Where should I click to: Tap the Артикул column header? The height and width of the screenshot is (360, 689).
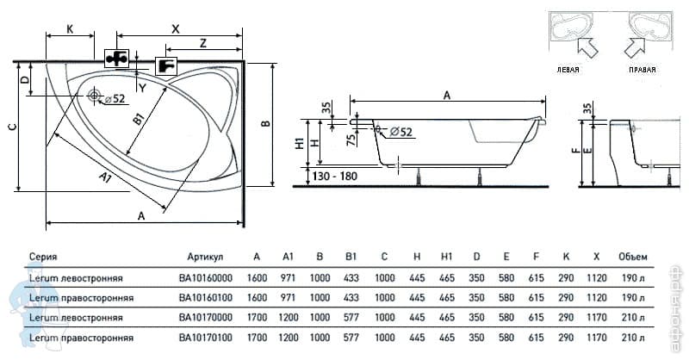pos(205,257)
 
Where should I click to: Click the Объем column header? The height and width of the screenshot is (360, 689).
pos(632,257)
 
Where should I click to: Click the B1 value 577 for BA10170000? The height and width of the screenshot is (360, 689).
pos(351,317)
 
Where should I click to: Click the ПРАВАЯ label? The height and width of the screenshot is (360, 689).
pos(642,69)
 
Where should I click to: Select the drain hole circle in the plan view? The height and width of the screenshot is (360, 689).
pos(96,96)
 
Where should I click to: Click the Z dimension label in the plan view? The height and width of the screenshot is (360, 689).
pos(202,43)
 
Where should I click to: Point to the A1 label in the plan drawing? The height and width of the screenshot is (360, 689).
pos(104,179)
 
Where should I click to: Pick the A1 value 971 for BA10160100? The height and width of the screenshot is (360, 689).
pos(289,298)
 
